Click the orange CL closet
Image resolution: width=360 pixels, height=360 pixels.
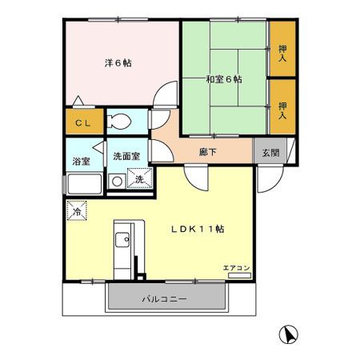(x=83, y=123)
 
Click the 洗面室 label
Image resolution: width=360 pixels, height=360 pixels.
(x=126, y=157)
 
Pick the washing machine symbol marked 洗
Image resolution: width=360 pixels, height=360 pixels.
(x=139, y=179)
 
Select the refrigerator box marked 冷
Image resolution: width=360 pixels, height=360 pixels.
(x=76, y=212)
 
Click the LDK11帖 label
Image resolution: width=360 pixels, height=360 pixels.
(x=197, y=228)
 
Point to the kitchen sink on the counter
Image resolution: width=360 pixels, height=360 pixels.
(x=123, y=240)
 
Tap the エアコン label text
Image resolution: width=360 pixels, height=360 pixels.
(x=237, y=267)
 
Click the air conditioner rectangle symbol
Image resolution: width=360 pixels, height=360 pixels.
(x=238, y=275)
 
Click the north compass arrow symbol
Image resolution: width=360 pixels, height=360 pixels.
(x=286, y=335)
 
